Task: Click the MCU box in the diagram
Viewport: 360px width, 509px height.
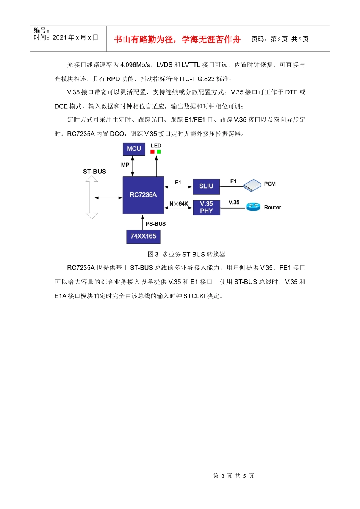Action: (x=134, y=149)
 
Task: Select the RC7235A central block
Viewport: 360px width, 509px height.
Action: (x=143, y=195)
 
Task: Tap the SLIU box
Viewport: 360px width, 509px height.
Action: (x=206, y=186)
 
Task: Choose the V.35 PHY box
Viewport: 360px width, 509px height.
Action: (x=206, y=208)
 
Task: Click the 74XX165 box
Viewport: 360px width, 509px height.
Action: (x=143, y=236)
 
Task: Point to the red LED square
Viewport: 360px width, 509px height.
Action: (x=152, y=152)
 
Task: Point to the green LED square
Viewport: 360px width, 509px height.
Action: (x=159, y=152)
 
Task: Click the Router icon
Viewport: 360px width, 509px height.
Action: (x=253, y=207)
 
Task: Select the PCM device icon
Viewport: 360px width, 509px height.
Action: (x=252, y=185)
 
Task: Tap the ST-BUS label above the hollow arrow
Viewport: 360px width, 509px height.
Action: (x=94, y=172)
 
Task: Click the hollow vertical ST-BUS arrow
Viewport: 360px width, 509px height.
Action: (x=92, y=197)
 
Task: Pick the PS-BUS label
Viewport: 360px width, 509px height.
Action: (x=155, y=224)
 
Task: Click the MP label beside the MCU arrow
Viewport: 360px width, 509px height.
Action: (x=125, y=165)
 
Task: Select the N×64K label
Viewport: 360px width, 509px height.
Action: (x=178, y=204)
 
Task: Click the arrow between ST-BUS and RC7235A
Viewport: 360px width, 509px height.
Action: (x=108, y=198)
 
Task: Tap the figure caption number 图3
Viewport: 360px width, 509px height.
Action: (x=153, y=254)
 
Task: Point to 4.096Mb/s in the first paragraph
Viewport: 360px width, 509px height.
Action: (x=135, y=65)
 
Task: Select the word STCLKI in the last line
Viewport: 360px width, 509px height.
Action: (x=194, y=296)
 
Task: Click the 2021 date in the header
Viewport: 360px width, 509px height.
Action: (x=59, y=37)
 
